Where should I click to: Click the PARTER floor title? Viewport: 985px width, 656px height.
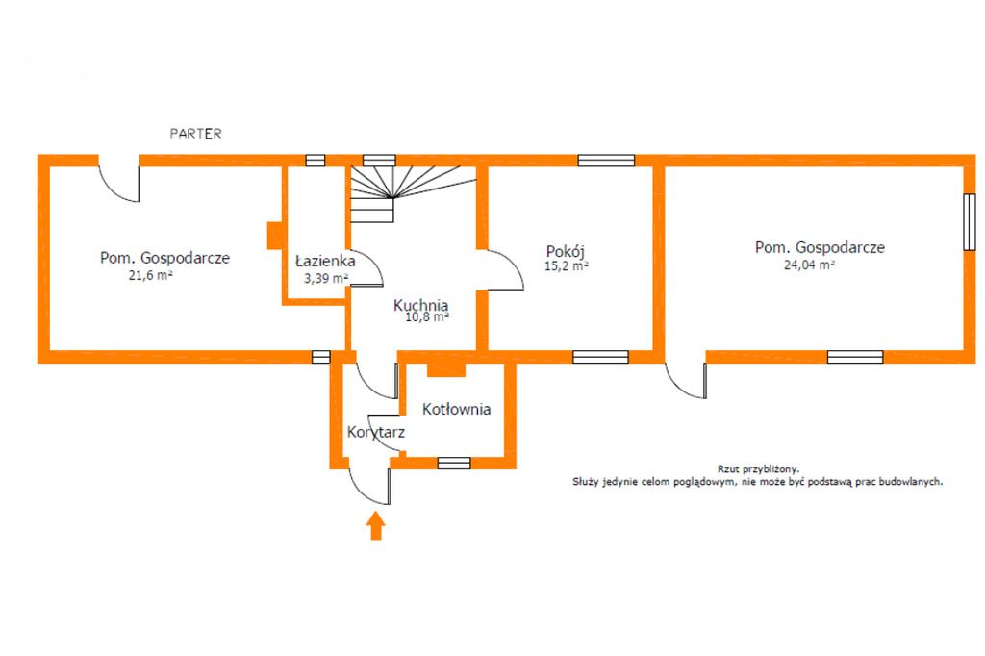[x=195, y=134]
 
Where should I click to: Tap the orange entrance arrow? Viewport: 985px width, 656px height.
[x=376, y=525]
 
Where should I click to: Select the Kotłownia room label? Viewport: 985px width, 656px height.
[x=456, y=409]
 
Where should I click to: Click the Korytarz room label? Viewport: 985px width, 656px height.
[x=375, y=433]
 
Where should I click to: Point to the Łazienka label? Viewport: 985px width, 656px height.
[x=325, y=261]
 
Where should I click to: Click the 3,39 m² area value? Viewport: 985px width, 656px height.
[x=325, y=278]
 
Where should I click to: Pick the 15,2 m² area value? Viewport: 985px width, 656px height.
[x=567, y=267]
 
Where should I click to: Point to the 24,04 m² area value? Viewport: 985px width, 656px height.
[x=809, y=265]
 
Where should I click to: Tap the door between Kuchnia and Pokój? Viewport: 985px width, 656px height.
[x=502, y=268]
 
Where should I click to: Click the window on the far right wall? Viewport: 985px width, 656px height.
[x=970, y=223]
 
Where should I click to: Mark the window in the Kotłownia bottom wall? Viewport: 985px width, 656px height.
[x=453, y=463]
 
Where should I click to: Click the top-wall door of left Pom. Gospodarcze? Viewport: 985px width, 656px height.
[x=120, y=180]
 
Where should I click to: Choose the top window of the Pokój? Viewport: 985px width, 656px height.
[x=605, y=161]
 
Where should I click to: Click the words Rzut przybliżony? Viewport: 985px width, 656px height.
[x=758, y=467]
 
